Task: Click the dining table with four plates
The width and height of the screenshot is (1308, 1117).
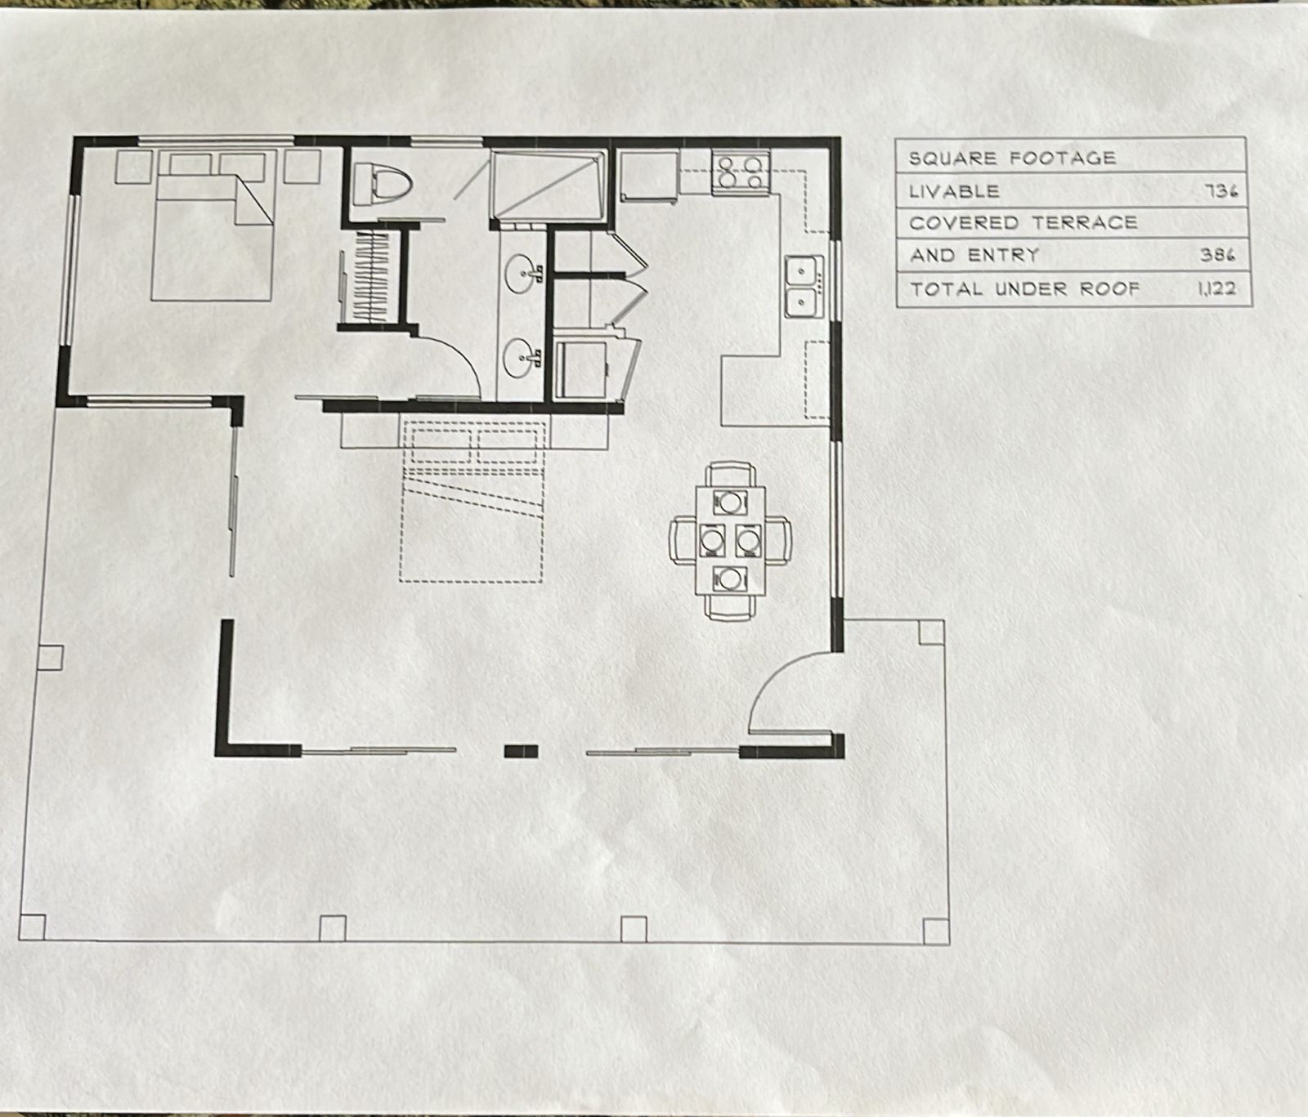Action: pyautogui.click(x=730, y=539)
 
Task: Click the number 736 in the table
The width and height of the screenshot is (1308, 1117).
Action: pyautogui.click(x=1221, y=191)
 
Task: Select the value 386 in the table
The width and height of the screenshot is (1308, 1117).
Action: pyautogui.click(x=1218, y=255)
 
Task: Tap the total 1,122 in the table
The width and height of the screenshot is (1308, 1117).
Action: pyautogui.click(x=1217, y=288)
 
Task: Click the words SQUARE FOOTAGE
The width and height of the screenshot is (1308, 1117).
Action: pyautogui.click(x=1012, y=158)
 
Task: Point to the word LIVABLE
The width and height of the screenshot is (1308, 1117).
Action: pyautogui.click(x=954, y=191)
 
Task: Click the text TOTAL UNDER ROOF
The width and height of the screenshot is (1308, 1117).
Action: pyautogui.click(x=1024, y=288)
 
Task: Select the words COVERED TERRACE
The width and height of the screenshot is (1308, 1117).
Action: pyautogui.click(x=1023, y=222)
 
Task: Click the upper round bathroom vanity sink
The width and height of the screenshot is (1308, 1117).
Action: pyautogui.click(x=521, y=270)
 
